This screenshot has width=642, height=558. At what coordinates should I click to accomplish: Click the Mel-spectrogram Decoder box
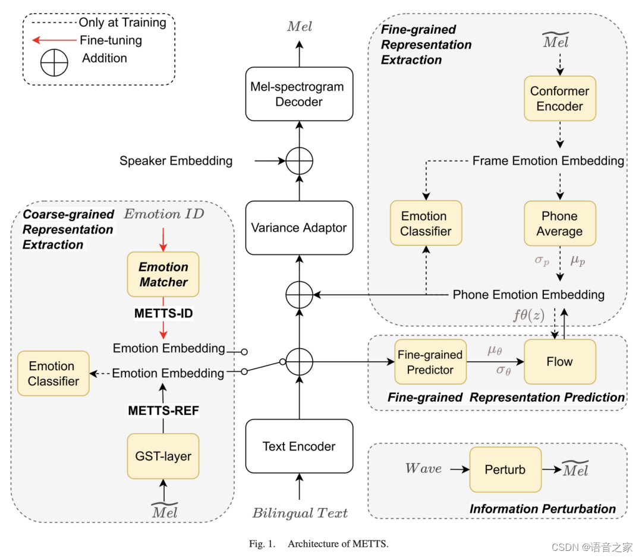(x=299, y=94)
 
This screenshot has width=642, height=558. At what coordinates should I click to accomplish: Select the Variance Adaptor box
(x=299, y=228)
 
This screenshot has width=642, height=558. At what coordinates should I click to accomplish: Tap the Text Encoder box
(x=299, y=446)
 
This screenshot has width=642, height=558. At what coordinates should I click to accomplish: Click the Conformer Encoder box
(x=559, y=99)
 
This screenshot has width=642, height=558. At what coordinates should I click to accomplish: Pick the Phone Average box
(x=559, y=223)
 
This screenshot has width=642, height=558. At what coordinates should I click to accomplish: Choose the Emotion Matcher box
(x=163, y=275)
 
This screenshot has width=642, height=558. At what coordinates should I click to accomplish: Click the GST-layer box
(x=163, y=456)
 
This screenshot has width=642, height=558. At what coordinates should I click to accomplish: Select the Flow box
(x=559, y=361)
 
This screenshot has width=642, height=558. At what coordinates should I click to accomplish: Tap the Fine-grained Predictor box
(x=430, y=362)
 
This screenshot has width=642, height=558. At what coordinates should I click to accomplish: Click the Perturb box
(x=505, y=469)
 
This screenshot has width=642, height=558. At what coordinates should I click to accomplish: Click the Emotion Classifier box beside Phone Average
(x=426, y=223)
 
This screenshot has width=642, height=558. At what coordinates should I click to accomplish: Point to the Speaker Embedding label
(x=176, y=160)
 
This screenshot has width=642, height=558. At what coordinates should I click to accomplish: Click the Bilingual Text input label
(x=300, y=513)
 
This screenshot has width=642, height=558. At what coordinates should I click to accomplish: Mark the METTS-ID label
(x=163, y=313)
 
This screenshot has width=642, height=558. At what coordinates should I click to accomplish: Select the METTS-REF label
(x=163, y=410)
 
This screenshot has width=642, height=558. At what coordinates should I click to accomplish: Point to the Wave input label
(x=423, y=468)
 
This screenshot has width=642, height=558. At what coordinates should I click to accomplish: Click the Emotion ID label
(x=163, y=214)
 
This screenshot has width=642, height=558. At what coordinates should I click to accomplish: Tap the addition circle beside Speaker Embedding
(x=299, y=160)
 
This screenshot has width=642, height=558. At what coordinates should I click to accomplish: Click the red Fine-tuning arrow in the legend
(x=53, y=40)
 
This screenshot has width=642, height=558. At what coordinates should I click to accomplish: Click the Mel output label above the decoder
(x=299, y=26)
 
